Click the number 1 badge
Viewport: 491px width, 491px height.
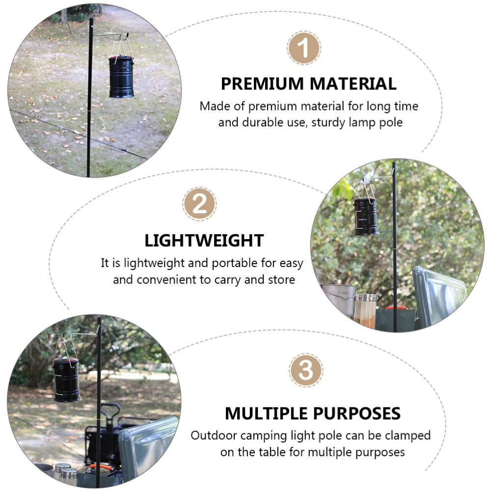[x=304, y=48]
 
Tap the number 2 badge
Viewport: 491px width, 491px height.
[x=199, y=204]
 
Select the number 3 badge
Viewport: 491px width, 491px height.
[x=306, y=370]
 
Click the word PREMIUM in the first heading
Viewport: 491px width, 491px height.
[x=262, y=83]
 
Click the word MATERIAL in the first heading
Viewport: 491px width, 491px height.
[x=353, y=83]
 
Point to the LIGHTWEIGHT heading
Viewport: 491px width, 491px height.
[x=204, y=241]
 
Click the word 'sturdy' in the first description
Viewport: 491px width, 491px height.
[x=328, y=122]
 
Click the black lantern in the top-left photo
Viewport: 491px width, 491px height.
[x=121, y=76]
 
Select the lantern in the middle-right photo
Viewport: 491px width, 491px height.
[x=366, y=216]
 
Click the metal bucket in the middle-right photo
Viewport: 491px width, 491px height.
[x=338, y=298]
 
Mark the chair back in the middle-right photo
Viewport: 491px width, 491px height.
[x=438, y=296]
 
